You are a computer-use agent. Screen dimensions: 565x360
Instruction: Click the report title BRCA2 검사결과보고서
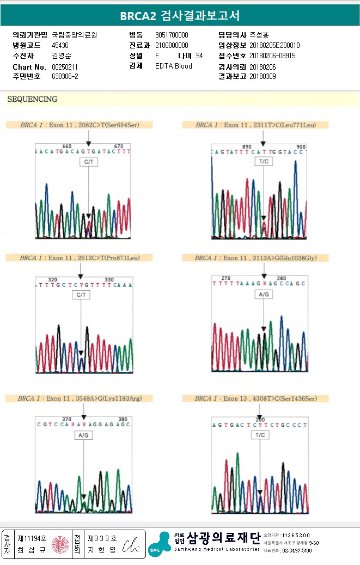point(180,15)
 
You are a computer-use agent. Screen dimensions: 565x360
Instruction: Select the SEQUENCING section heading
point(32,99)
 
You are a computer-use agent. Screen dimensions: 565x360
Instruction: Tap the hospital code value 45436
point(60,45)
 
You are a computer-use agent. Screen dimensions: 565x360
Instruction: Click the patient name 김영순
point(61,56)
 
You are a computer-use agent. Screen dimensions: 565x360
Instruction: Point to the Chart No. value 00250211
point(65,66)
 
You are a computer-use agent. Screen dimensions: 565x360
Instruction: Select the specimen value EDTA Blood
point(174,66)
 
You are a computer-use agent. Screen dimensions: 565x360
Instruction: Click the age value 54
point(199,56)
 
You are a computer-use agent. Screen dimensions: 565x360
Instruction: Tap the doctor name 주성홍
point(259,35)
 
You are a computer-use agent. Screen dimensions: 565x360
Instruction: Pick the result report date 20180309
point(263,76)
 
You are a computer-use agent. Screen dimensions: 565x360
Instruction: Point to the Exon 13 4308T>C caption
point(255,398)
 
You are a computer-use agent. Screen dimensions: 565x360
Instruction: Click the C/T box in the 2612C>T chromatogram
point(81,294)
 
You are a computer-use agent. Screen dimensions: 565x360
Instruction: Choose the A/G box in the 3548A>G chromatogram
point(84,435)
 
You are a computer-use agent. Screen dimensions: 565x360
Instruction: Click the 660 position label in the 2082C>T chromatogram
point(67,146)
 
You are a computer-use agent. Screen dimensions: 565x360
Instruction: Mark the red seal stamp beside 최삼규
point(60,544)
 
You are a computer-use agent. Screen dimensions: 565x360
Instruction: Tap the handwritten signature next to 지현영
point(131,544)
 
